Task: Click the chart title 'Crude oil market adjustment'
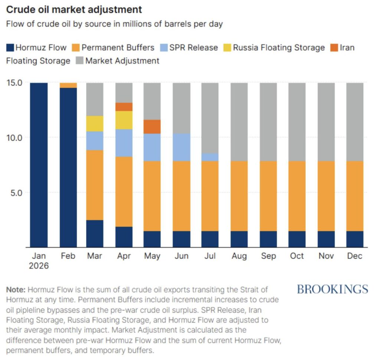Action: [x=74, y=10]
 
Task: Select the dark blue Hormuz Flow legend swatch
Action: [x=10, y=48]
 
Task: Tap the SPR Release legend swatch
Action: [x=164, y=48]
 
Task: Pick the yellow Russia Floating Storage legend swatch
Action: [x=227, y=48]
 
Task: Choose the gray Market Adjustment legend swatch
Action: [x=80, y=60]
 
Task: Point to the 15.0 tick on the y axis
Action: [x=14, y=83]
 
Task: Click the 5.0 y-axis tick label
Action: [x=16, y=193]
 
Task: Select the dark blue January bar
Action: [x=39, y=165]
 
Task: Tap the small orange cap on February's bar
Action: [x=68, y=85]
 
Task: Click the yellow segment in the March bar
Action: [x=95, y=124]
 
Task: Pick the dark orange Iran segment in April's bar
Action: [x=124, y=107]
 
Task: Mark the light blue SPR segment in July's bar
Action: [x=210, y=157]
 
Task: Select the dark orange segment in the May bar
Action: [x=152, y=127]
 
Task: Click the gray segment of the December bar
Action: [x=355, y=122]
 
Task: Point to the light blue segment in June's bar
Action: [x=181, y=147]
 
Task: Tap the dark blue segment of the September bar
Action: [x=268, y=239]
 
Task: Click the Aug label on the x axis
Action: [x=239, y=256]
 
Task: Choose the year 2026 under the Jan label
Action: [x=39, y=266]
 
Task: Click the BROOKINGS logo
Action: [x=332, y=289]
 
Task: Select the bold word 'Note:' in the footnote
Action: [x=16, y=290]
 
